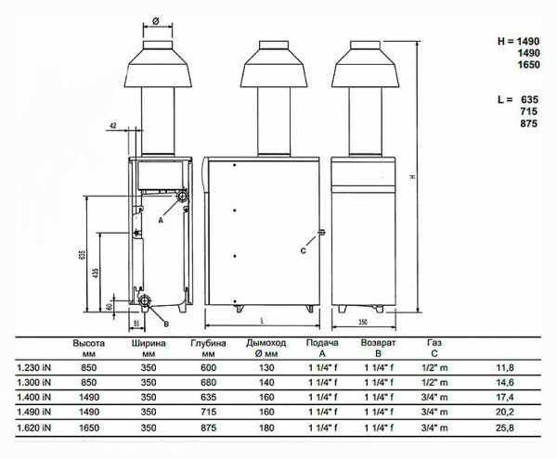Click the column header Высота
click(88, 342)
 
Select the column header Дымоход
click(262, 342)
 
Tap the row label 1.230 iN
click(33, 368)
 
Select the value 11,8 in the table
click(506, 368)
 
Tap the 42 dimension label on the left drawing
click(112, 123)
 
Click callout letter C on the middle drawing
click(303, 249)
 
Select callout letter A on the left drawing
click(161, 221)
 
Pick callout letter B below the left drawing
click(165, 324)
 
